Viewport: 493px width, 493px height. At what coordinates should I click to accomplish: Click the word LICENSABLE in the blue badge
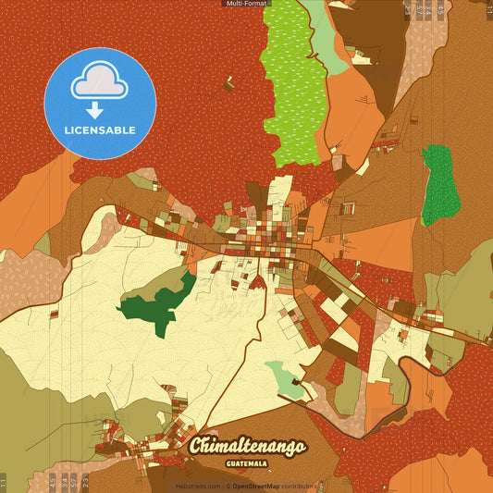coord(99,129)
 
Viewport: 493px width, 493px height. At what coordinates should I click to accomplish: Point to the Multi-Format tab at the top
coord(246,4)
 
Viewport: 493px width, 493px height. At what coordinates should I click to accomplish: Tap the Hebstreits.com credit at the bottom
coord(198,486)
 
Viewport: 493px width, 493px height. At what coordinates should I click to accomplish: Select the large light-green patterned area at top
coord(294,83)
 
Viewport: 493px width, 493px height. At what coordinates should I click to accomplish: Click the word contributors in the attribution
coord(301,486)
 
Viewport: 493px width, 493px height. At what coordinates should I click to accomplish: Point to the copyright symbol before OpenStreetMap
coord(228,486)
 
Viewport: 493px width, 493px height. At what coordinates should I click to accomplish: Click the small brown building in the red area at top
coord(228,84)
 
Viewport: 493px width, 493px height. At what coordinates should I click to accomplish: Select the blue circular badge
coord(99,103)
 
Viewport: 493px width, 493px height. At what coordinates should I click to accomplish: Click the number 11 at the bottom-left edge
coord(4,483)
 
